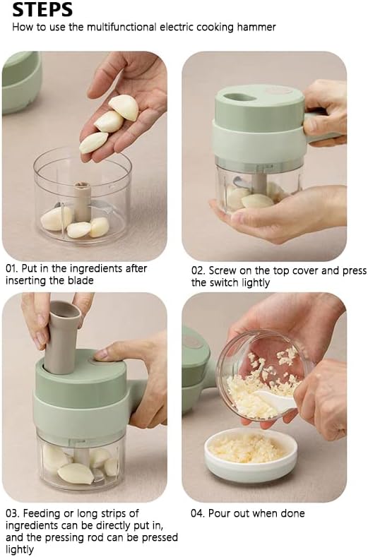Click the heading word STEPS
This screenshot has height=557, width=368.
pyautogui.click(x=42, y=9)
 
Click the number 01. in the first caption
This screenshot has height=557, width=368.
pyautogui.click(x=13, y=268)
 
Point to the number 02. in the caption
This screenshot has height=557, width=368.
pyautogui.click(x=198, y=270)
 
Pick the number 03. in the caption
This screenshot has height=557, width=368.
pyautogui.click(x=13, y=513)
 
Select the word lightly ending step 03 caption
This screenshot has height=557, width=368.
pyautogui.click(x=20, y=549)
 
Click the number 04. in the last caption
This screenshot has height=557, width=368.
pyautogui.click(x=198, y=513)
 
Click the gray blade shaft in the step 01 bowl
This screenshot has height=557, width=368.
pyautogui.click(x=83, y=201)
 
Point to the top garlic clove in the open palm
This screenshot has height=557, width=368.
pyautogui.click(x=124, y=107)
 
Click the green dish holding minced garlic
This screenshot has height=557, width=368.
pyautogui.click(x=251, y=455)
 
